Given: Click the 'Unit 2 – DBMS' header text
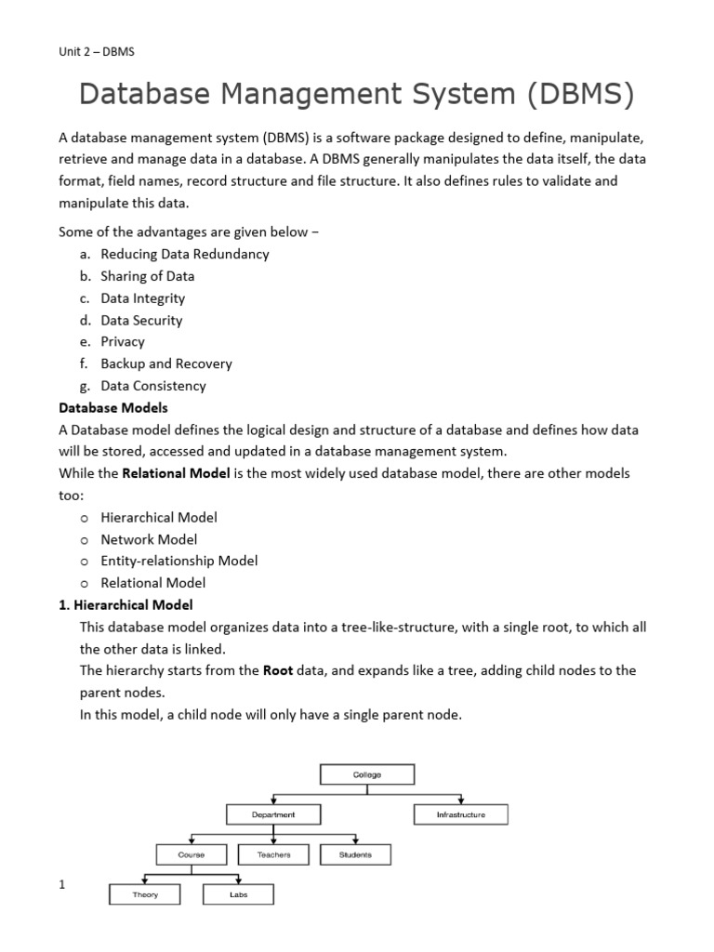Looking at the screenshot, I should click(97, 51).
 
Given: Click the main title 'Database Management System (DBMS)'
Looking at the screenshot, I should click(356, 94).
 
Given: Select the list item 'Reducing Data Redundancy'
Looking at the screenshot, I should click(184, 254).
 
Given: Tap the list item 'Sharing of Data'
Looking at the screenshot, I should click(147, 276).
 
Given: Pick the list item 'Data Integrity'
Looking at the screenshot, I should click(142, 298).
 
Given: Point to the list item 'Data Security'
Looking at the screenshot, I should click(141, 320).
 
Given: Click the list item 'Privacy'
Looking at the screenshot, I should click(123, 341).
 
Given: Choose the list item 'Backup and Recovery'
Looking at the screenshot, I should click(165, 364).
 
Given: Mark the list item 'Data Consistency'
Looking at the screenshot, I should click(152, 386).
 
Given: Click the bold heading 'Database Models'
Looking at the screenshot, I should click(113, 407).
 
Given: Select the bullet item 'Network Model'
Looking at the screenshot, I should click(149, 539).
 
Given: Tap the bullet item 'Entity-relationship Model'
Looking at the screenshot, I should click(178, 561).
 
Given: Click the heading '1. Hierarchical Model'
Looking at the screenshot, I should click(126, 605).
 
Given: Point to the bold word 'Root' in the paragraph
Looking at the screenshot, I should click(278, 670).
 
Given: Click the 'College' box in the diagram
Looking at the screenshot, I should click(367, 774).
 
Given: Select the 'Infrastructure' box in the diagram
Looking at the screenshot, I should click(460, 815).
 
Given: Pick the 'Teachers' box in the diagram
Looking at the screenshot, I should click(273, 854).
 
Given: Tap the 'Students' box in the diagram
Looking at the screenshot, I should click(355, 854).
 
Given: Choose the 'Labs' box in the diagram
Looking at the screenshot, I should click(238, 894).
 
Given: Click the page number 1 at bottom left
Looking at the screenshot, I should click(62, 884).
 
